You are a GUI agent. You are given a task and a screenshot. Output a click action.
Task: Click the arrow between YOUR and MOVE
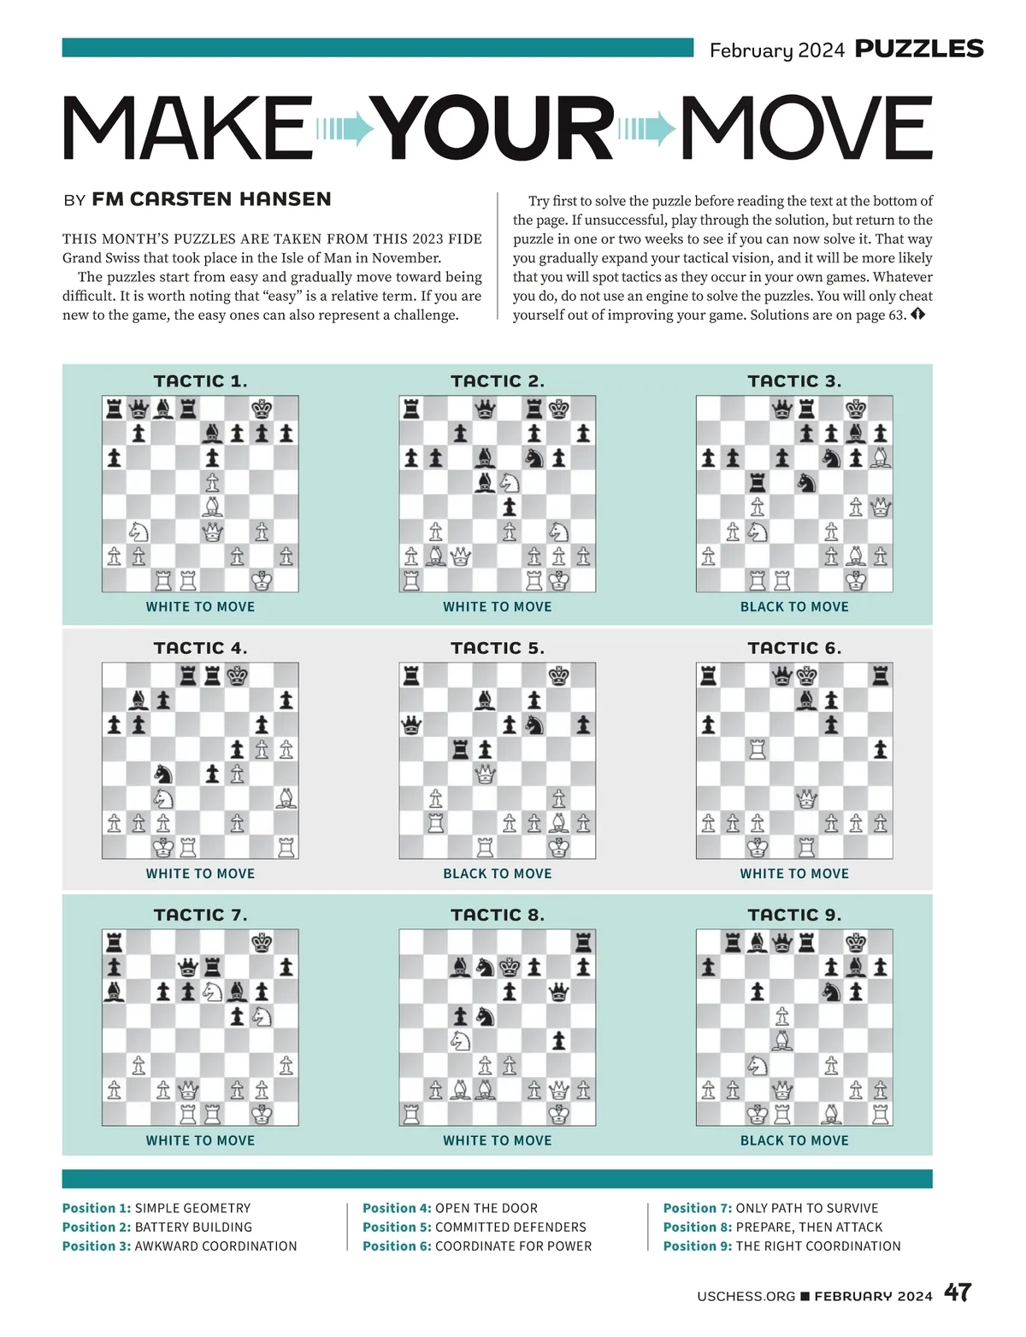tap(646, 129)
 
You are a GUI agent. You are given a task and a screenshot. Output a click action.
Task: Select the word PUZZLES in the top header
tap(919, 49)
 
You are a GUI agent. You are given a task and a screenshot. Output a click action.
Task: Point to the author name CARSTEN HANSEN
tap(211, 199)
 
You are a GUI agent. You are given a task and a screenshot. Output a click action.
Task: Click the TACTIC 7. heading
tap(200, 915)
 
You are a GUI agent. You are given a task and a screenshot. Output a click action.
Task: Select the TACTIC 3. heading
tap(794, 381)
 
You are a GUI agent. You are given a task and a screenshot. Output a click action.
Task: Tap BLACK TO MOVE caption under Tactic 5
tap(497, 874)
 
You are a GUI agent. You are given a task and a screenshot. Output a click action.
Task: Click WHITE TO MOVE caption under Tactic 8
tap(497, 1140)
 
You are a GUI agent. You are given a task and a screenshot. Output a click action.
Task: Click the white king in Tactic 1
tap(262, 580)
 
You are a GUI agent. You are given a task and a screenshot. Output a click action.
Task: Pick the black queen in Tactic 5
tap(411, 726)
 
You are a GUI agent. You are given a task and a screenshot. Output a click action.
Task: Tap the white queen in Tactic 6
tap(806, 799)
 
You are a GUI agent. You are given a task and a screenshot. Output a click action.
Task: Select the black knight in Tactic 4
tap(163, 775)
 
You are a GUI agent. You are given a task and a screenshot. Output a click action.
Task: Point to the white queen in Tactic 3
tap(881, 508)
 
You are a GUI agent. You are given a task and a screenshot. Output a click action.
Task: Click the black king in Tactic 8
tap(510, 967)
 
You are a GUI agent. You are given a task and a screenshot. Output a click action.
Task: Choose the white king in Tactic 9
tap(758, 1114)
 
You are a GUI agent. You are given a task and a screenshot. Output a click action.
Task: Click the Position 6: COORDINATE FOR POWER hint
tap(477, 1246)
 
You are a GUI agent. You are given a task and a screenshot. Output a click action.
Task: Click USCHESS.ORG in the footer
tap(746, 1296)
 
